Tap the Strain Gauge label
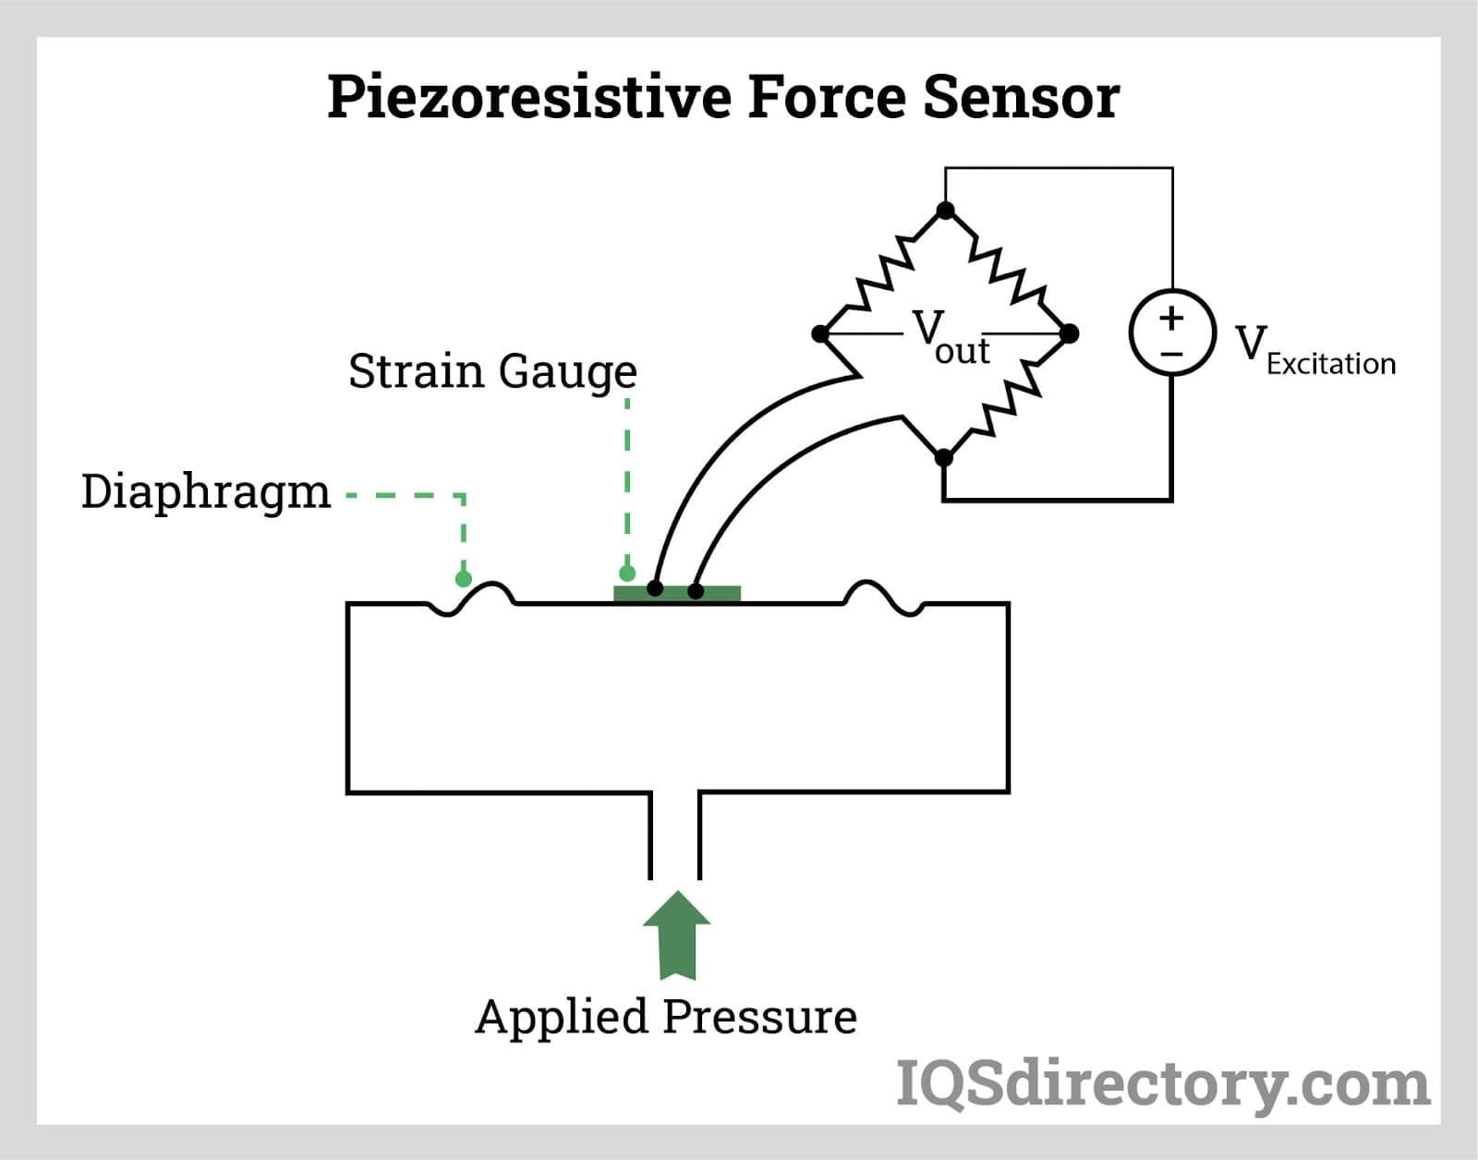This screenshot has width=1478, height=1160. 492,371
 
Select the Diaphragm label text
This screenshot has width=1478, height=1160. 205,491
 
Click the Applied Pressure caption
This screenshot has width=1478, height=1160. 665,1017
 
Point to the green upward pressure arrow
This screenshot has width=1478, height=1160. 677,935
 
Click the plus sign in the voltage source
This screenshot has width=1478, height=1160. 1171,318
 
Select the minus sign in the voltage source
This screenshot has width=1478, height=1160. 1171,353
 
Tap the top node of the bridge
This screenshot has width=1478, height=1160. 944,211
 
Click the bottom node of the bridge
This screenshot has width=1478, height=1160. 943,457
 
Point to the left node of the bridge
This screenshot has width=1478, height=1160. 819,333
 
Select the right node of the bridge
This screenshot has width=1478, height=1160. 1069,333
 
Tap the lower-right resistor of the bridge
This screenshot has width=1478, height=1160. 1007,395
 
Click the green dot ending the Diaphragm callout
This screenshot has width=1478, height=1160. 464,579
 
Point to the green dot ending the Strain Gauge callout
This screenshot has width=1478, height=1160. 627,574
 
